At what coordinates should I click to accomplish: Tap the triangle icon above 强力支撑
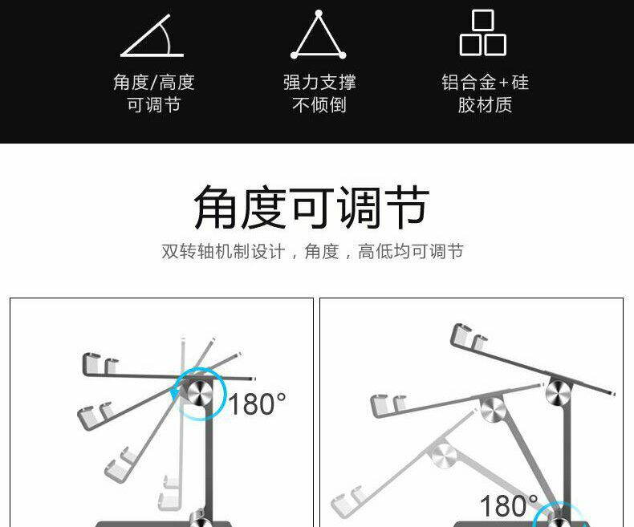(319, 35)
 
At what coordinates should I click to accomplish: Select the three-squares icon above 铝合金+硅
(483, 32)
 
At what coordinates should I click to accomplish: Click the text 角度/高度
(153, 83)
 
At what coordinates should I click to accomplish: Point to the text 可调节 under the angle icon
(153, 104)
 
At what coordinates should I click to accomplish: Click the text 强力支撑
(319, 83)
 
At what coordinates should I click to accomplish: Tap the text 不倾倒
(319, 104)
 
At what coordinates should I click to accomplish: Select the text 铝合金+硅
(485, 83)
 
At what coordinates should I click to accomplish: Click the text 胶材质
(485, 104)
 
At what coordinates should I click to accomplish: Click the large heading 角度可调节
(311, 207)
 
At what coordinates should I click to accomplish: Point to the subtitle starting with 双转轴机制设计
(312, 251)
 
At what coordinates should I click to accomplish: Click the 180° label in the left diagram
(257, 403)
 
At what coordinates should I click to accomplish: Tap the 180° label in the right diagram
(509, 505)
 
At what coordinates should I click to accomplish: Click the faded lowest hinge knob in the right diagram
(444, 455)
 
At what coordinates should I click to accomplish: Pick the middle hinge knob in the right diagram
(493, 409)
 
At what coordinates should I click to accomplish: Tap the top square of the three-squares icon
(483, 20)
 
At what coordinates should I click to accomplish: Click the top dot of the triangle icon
(319, 14)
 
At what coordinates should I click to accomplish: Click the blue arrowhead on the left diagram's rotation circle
(174, 393)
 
